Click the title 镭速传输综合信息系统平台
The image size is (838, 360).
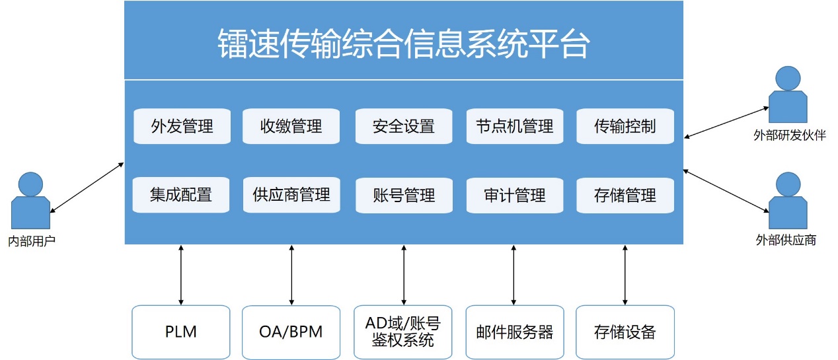point(403,44)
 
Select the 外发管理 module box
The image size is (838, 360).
point(182,126)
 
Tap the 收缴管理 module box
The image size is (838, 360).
point(291,126)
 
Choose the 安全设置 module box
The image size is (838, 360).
point(403,126)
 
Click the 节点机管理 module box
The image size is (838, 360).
point(515,126)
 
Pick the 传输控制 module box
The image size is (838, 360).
point(625,126)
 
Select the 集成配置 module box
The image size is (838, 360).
point(182,196)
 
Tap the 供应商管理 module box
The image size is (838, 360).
point(291,196)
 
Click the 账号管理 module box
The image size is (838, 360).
point(403,196)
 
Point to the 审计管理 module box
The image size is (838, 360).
point(515,196)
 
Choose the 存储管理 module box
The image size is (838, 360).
point(625,196)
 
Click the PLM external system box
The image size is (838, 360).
point(181,332)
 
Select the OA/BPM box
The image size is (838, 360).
point(291,332)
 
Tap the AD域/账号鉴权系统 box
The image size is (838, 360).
point(403,332)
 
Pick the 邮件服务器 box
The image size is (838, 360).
point(515,332)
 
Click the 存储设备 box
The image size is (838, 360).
point(625,332)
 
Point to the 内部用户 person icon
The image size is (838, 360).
point(30,201)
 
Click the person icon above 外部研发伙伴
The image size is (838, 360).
point(788,96)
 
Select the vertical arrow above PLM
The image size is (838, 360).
point(181,275)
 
